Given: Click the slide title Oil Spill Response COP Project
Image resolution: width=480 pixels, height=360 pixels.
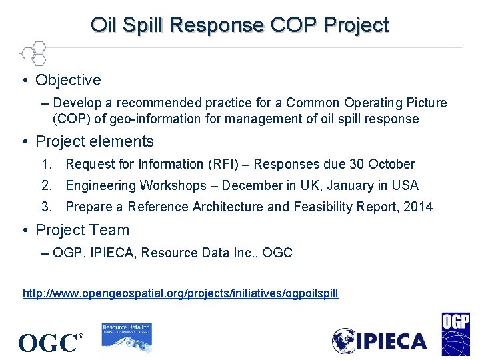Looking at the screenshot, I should (x=240, y=25).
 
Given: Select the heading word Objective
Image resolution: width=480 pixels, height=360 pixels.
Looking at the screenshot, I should (x=68, y=80).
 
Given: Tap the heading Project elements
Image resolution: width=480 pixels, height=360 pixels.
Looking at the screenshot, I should (x=94, y=141).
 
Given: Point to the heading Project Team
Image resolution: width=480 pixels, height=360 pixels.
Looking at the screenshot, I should (x=82, y=230).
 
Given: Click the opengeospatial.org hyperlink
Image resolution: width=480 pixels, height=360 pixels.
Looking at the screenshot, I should (x=181, y=293).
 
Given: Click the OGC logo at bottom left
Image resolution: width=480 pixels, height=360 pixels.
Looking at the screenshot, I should (x=50, y=343).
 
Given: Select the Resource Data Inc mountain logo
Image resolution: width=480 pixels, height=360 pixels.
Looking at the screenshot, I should (x=127, y=337).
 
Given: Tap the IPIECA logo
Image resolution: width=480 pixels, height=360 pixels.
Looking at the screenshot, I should (x=379, y=341).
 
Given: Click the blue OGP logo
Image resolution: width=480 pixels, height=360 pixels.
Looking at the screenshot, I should (x=455, y=334).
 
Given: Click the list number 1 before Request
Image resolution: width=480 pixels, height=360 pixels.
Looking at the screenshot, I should (x=46, y=164).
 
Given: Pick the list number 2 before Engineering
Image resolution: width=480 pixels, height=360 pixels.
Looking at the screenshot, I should (x=46, y=185).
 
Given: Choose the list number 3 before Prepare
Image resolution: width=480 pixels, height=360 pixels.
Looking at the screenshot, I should (x=46, y=207).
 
